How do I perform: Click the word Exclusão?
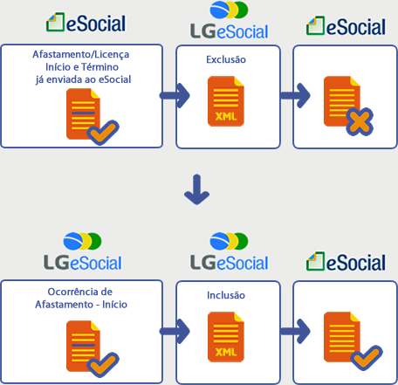point(226,59)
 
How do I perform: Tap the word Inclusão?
point(226,295)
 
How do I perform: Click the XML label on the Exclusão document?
point(226,116)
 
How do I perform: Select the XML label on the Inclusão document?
point(226,352)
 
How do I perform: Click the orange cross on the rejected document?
point(360,121)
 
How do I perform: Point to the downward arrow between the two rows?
point(197,189)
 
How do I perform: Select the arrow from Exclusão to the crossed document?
point(295,95)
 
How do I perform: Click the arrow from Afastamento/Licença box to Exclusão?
point(175,95)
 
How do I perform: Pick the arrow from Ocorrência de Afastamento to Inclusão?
point(175,331)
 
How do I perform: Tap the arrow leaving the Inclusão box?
point(295,331)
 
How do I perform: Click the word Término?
point(99,67)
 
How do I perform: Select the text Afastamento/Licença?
point(81,55)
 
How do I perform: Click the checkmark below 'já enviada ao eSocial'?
point(103,133)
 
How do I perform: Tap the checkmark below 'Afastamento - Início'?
point(103,365)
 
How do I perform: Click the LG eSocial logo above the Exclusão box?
point(229,20)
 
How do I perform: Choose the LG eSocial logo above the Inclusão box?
point(229,252)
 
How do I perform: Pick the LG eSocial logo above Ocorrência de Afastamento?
point(83,252)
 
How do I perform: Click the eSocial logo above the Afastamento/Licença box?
point(86,23)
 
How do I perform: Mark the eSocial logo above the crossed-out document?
point(346,26)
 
